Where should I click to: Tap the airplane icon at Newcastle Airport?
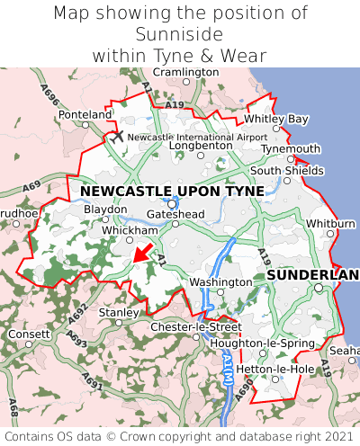pyautogui.click(x=116, y=136)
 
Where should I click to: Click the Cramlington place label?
pyautogui.click(x=184, y=72)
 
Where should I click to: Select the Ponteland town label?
pyautogui.click(x=85, y=115)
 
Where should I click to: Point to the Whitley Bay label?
pyautogui.click(x=276, y=119)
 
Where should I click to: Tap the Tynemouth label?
pyautogui.click(x=291, y=148)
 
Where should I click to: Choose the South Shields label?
pyautogui.click(x=286, y=170)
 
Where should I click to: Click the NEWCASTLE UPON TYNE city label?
pyautogui.click(x=172, y=192)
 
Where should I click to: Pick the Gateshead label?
pyautogui.click(x=176, y=214)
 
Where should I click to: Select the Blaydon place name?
pyautogui.click(x=105, y=209)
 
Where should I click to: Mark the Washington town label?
pyautogui.click(x=220, y=282)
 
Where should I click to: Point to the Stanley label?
pyautogui.click(x=117, y=312)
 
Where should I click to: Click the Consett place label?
pyautogui.click(x=30, y=334)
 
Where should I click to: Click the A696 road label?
pyautogui.click(x=47, y=94)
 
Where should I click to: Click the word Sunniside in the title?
pyautogui.click(x=180, y=33)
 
